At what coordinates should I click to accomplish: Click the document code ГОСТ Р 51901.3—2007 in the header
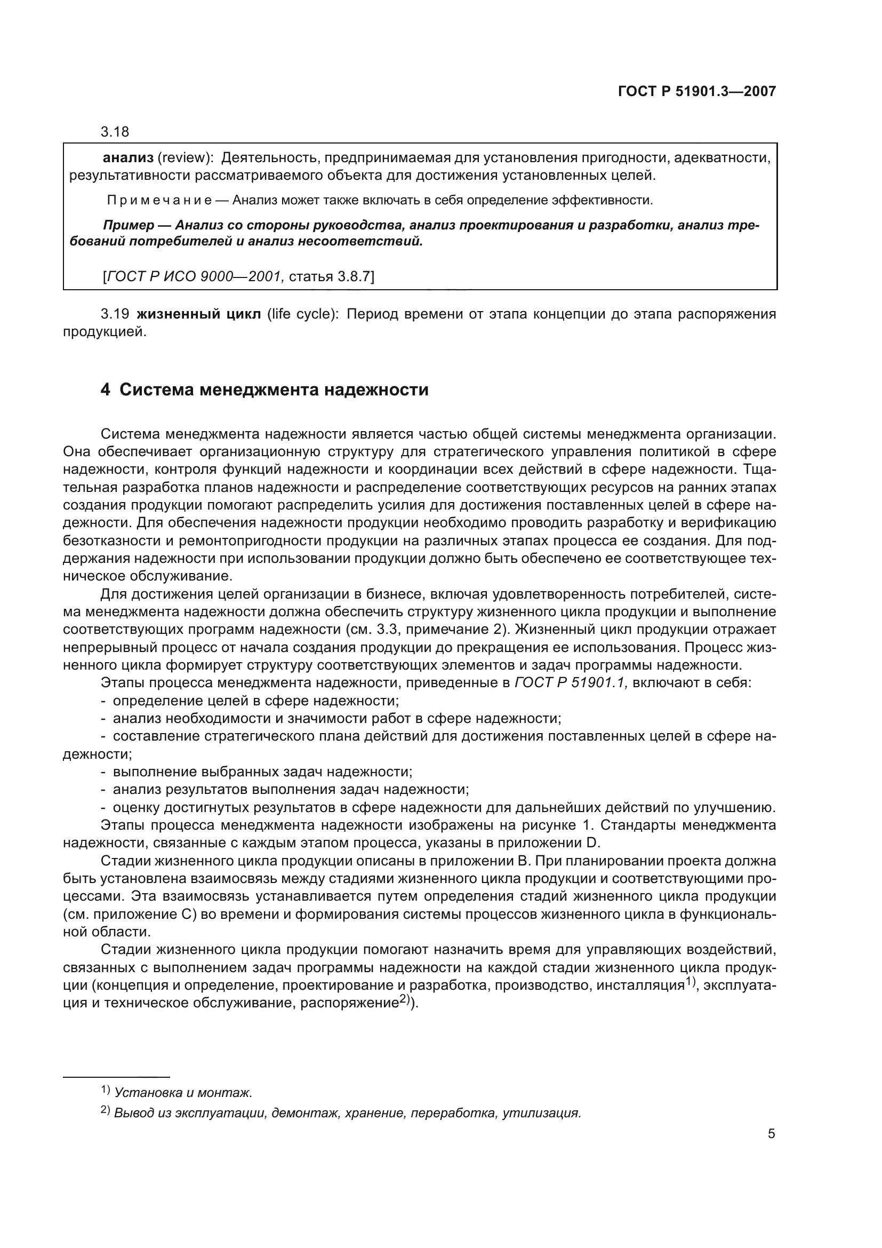(697, 91)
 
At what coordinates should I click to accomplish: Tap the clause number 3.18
(115, 132)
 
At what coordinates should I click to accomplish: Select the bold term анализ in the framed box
(128, 158)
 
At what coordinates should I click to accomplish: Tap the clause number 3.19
(115, 314)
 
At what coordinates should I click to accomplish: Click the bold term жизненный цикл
(199, 314)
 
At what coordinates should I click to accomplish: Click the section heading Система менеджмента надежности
(274, 389)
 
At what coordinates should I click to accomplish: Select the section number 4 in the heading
(106, 389)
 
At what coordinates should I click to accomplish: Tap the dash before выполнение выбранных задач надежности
(103, 772)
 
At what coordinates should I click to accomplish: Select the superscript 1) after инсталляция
(689, 982)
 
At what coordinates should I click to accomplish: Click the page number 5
(771, 1134)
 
